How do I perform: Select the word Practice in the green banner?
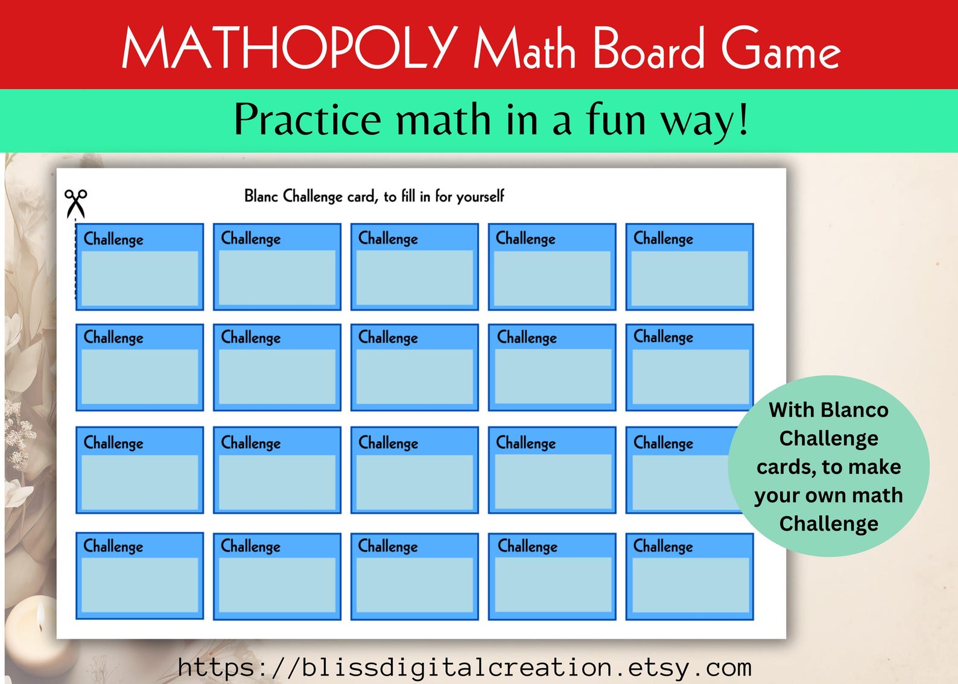point(307,119)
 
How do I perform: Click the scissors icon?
point(76,203)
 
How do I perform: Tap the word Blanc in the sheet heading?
point(261,196)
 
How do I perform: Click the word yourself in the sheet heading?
point(480,197)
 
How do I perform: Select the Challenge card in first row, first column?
point(139,267)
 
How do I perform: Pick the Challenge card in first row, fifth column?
point(690,267)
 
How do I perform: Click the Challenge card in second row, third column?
point(414,367)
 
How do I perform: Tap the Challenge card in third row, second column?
point(277,470)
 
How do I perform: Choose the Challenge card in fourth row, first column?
point(139,575)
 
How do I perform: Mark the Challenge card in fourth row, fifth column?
point(690,576)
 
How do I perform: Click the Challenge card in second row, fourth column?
point(552,367)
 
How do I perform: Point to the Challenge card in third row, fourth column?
point(552,470)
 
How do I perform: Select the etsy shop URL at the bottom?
point(465,668)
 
